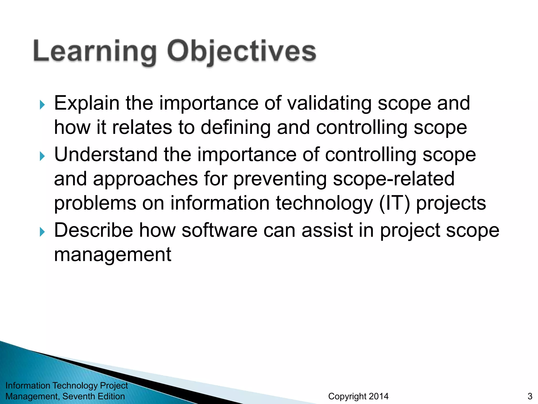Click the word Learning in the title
[95, 51]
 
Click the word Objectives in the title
[242, 51]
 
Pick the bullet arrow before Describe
[42, 232]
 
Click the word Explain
[87, 103]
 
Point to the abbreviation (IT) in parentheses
[394, 203]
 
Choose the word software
[219, 230]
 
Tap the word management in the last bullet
[113, 255]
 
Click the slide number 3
[530, 396]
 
